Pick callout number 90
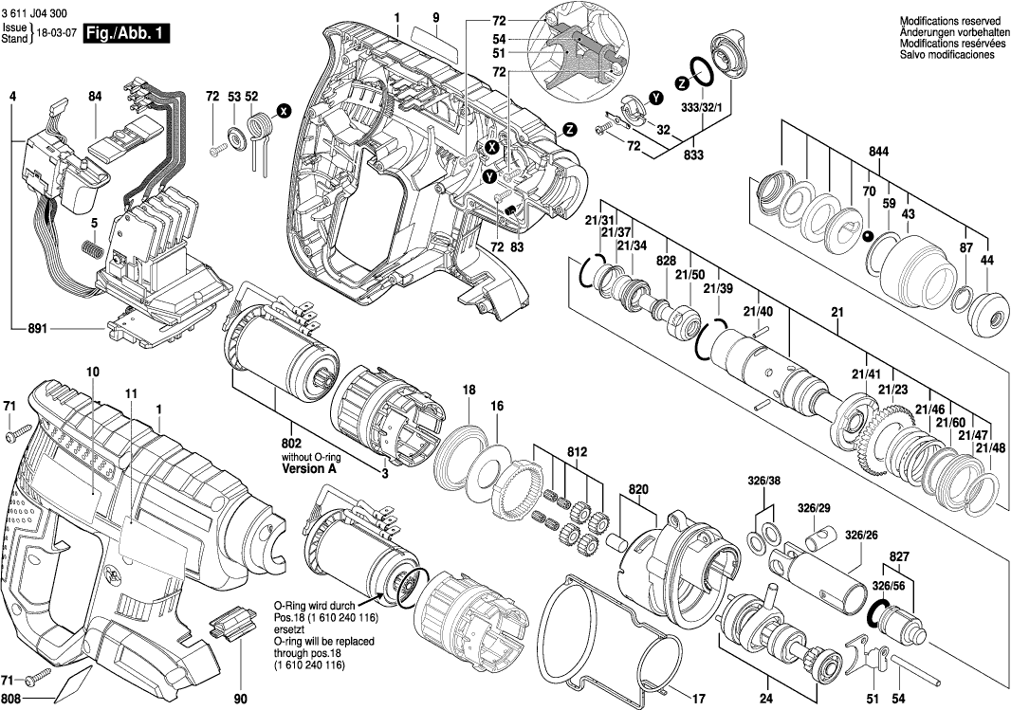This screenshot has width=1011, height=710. click(x=240, y=700)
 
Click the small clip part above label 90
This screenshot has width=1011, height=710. click(x=233, y=625)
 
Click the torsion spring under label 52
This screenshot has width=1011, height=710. click(x=256, y=128)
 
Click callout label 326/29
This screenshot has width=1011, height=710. click(x=814, y=510)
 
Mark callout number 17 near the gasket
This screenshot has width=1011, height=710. click(x=699, y=700)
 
